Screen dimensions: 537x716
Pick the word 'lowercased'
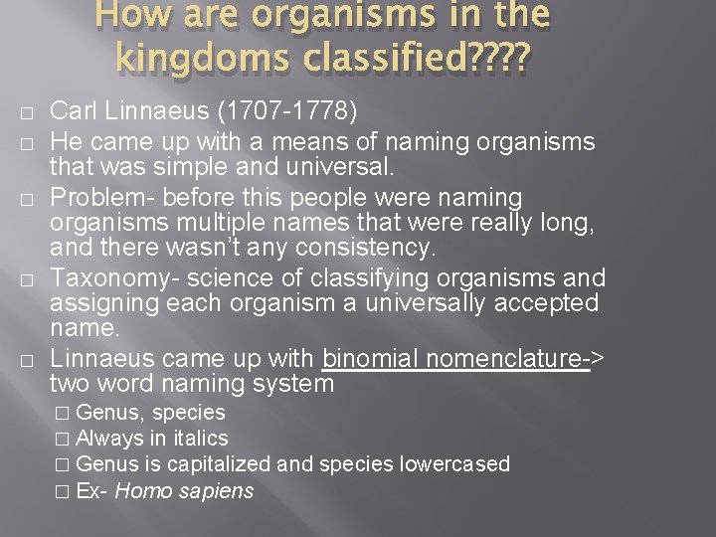tap(460, 464)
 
